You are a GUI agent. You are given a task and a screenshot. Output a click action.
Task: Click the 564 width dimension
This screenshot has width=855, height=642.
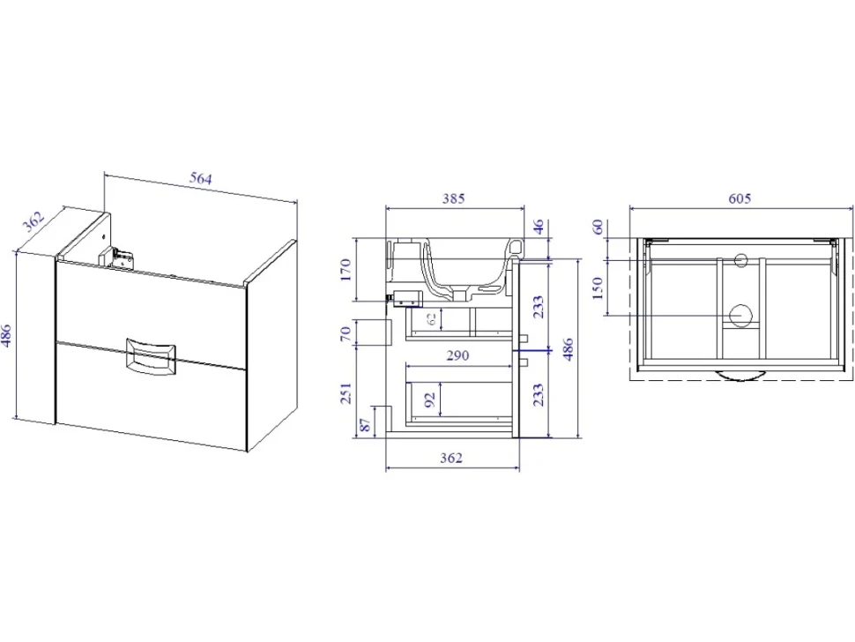click(x=201, y=178)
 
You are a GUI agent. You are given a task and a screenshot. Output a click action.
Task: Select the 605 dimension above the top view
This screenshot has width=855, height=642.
click(x=740, y=198)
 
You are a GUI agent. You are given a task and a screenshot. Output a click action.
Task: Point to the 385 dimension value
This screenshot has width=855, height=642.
click(x=453, y=198)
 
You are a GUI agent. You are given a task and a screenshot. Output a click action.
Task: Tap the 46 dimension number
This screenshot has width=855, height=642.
click(x=538, y=227)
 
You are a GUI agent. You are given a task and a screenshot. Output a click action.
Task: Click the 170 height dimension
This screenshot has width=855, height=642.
click(x=346, y=270)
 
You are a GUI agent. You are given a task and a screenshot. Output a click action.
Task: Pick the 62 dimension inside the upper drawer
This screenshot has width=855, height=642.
click(x=431, y=318)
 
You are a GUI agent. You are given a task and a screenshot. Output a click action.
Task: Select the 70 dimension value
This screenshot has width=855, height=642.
click(x=346, y=334)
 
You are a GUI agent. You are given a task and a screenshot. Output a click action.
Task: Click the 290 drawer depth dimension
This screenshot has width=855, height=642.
click(x=457, y=355)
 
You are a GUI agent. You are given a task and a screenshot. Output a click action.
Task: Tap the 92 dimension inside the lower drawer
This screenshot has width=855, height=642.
click(x=430, y=399)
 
